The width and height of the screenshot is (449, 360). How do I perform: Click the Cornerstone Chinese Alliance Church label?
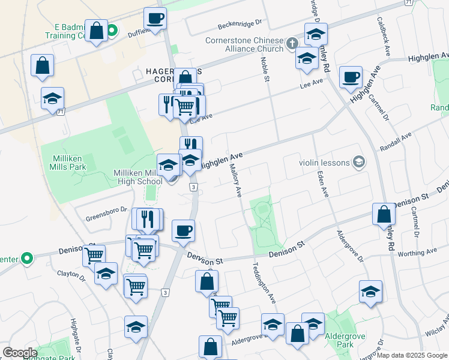pyautogui.click(x=244, y=46)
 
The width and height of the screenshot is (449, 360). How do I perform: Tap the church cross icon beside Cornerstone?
pyautogui.click(x=292, y=43)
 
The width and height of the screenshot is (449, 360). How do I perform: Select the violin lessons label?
pyautogui.click(x=325, y=161)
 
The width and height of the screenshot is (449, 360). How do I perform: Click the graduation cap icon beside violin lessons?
pyautogui.click(x=359, y=161)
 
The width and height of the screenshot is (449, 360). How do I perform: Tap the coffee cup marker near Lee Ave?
pyautogui.click(x=351, y=77)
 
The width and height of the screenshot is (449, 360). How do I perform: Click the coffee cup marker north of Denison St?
pyautogui.click(x=183, y=230)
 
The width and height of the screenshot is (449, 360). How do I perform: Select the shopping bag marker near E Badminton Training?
pyautogui.click(x=96, y=31)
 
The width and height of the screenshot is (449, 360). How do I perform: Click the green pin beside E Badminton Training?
pyautogui.click(x=112, y=28)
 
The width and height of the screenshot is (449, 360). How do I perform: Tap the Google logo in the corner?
pyautogui.click(x=20, y=353)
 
